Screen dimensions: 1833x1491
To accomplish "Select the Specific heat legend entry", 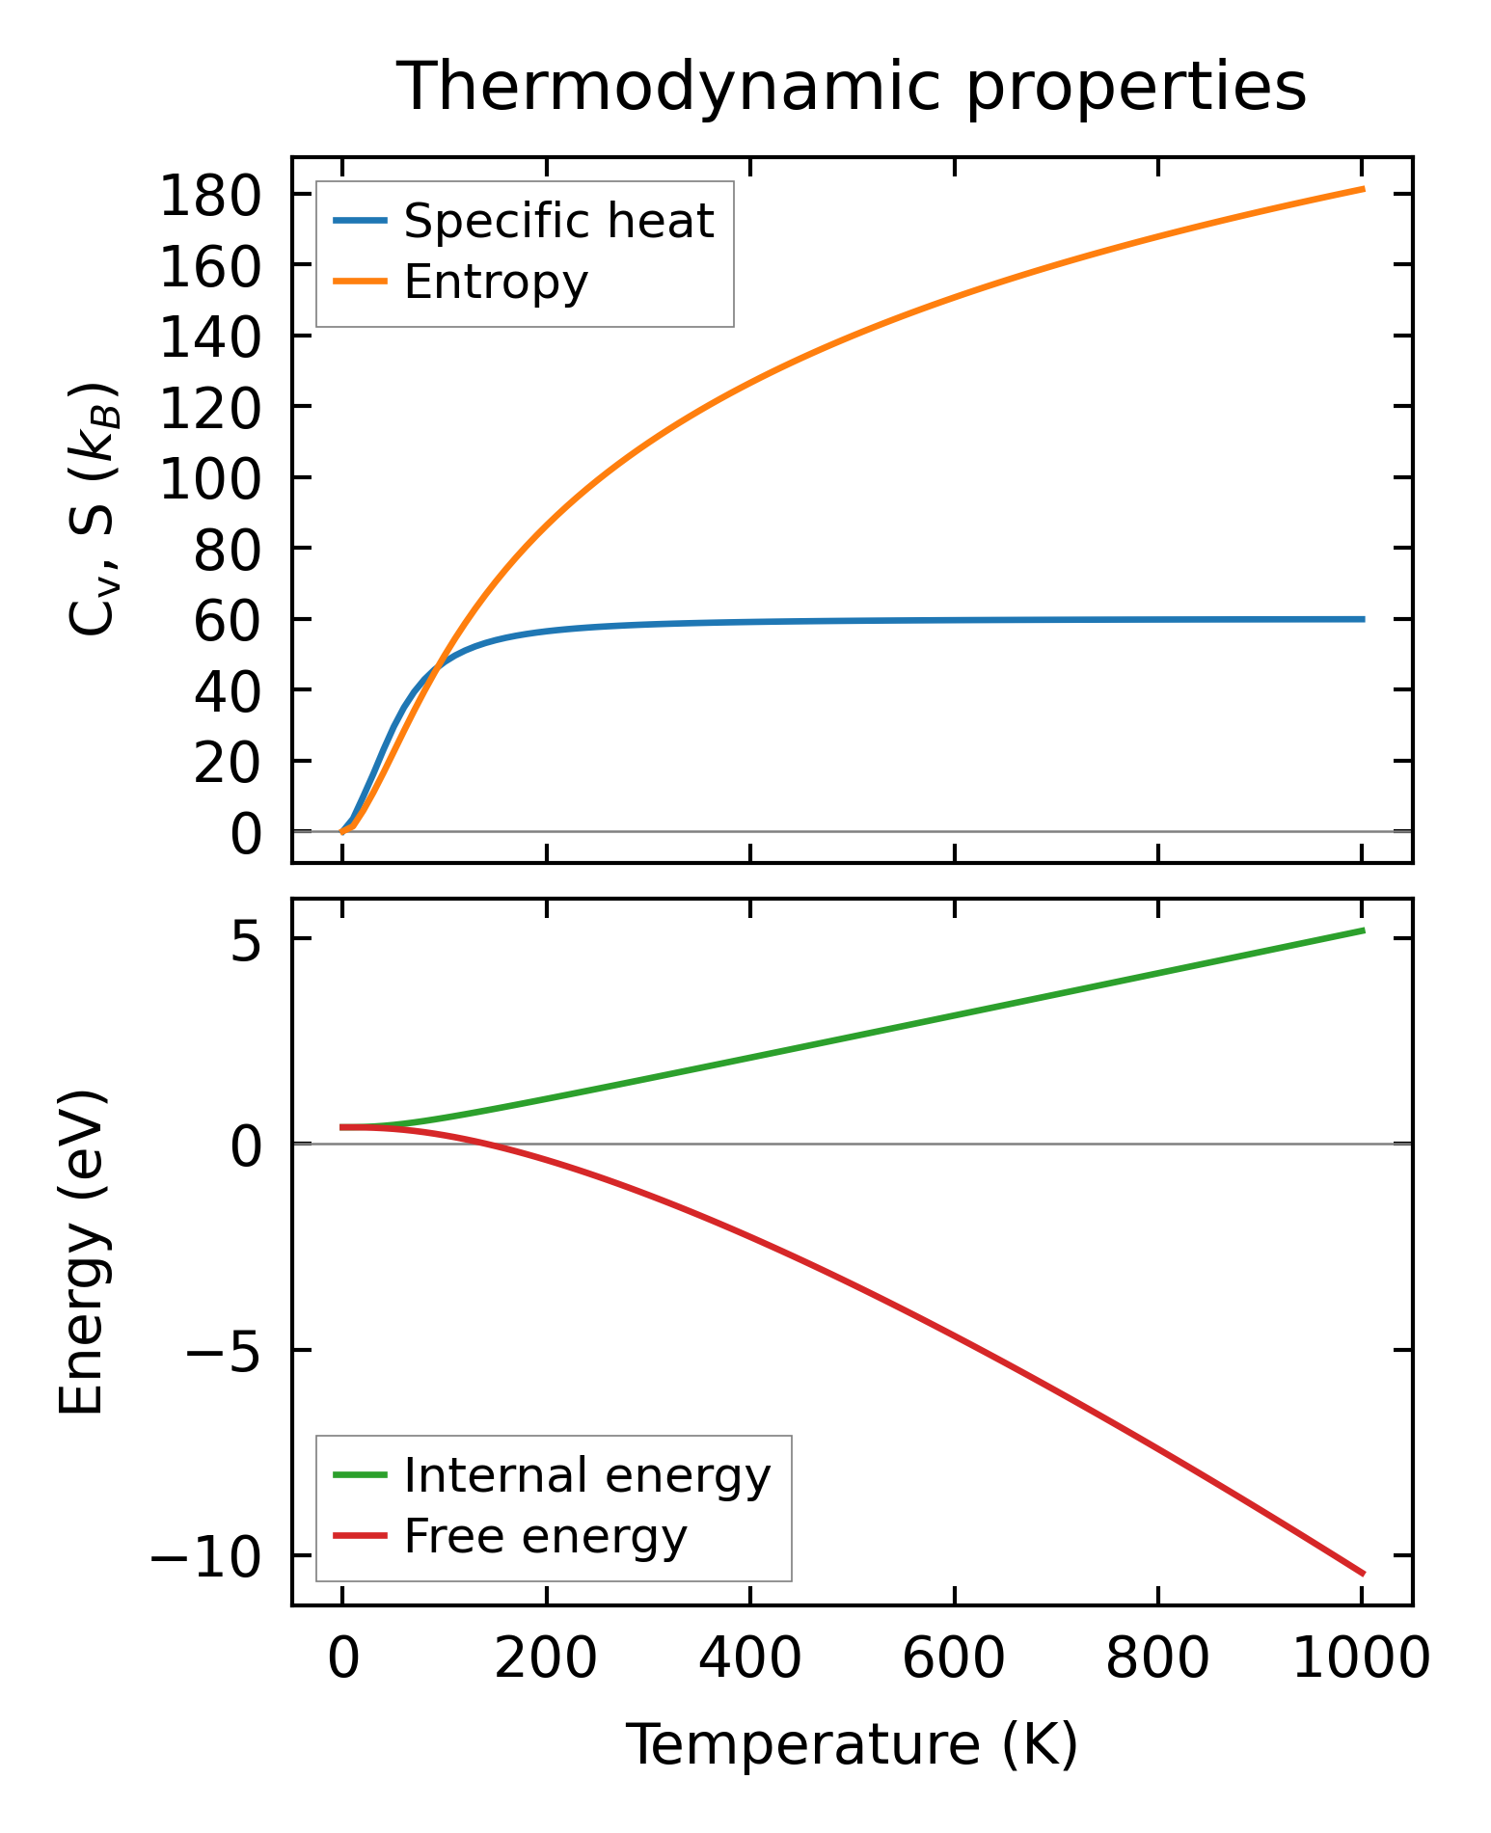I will click(x=557, y=221).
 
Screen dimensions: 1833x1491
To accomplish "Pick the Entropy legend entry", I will click(x=496, y=282).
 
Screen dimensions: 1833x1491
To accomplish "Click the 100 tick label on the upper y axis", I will click(x=210, y=478).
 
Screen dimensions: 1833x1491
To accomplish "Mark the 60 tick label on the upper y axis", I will click(x=228, y=620).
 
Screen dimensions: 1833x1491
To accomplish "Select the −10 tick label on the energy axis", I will click(x=205, y=1555).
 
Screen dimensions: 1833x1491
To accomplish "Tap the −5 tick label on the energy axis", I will click(x=223, y=1351).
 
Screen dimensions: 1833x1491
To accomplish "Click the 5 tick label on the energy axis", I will click(x=247, y=940).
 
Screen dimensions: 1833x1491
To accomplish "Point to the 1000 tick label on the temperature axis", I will click(x=1360, y=1658).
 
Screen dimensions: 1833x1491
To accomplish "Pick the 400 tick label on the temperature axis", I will click(x=749, y=1658).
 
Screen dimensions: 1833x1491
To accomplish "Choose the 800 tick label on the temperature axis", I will click(x=1157, y=1658).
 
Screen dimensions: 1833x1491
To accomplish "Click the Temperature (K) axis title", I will click(x=852, y=1744).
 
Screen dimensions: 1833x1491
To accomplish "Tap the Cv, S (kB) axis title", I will click(x=94, y=509).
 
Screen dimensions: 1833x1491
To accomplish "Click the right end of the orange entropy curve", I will click(x=1363, y=189).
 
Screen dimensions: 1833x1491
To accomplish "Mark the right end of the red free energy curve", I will click(x=1363, y=1574).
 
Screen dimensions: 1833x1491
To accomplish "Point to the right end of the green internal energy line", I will click(x=1363, y=930).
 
